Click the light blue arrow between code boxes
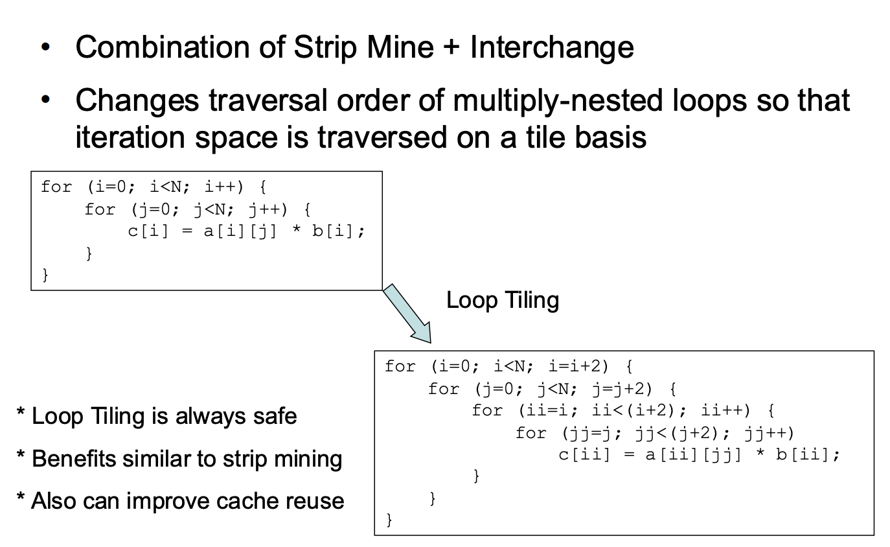(407, 314)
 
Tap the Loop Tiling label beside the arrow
(503, 300)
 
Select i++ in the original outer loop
(223, 187)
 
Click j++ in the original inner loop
(267, 210)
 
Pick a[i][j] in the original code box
(240, 231)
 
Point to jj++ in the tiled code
(769, 434)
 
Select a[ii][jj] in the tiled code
(693, 455)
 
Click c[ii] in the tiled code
(584, 455)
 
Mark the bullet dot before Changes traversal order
(46, 99)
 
